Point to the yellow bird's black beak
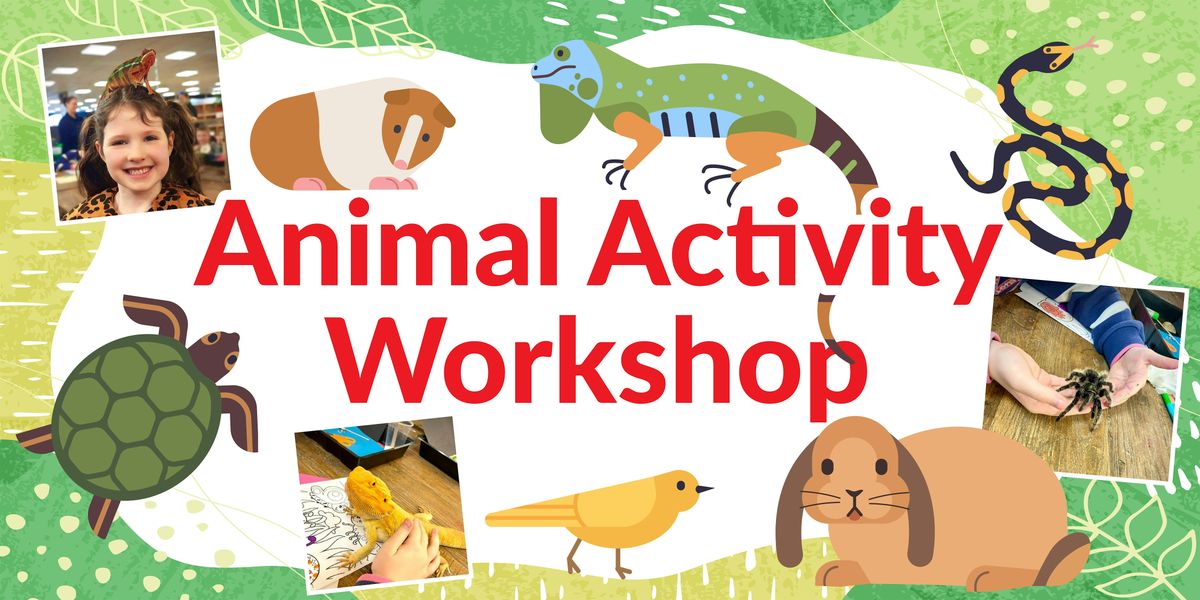(705, 490)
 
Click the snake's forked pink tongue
(1085, 45)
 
